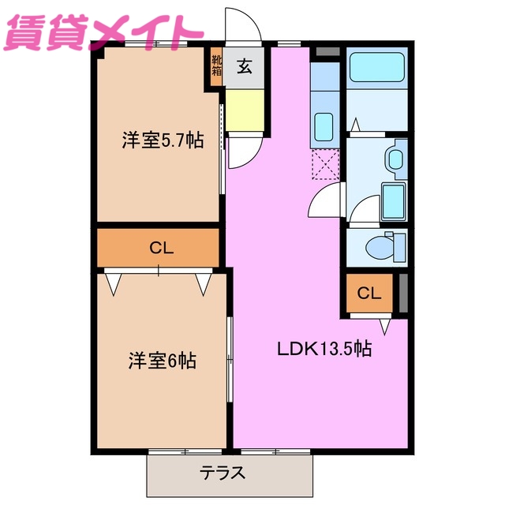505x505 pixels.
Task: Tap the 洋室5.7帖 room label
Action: (163, 140)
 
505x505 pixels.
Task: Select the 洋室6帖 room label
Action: (163, 361)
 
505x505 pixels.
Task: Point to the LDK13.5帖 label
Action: (323, 348)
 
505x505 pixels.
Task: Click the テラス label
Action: (222, 473)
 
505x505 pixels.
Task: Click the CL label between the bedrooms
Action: (161, 248)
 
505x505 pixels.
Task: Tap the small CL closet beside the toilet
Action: (368, 294)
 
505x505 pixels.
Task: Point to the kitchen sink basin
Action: (324, 125)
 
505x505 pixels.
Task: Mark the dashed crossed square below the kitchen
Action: (325, 165)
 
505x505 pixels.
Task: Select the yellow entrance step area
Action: (245, 108)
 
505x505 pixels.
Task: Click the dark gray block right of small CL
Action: (403, 293)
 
